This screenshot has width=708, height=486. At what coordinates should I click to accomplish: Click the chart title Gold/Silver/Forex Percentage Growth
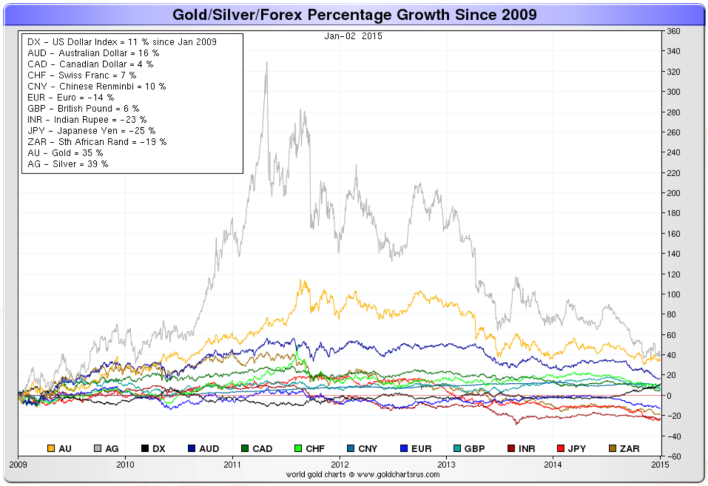(355, 14)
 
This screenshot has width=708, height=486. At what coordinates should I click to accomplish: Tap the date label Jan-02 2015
(353, 36)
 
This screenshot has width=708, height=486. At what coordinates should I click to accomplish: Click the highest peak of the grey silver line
(267, 63)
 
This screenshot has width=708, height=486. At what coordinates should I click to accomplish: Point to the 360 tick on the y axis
(673, 31)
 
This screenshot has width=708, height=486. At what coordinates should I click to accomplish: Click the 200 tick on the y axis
(673, 193)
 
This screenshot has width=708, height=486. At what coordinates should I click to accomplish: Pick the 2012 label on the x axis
(339, 464)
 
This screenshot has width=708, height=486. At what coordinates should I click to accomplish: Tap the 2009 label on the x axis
(18, 464)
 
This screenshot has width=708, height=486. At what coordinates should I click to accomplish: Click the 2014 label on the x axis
(553, 464)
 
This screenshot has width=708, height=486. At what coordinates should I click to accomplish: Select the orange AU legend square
(51, 449)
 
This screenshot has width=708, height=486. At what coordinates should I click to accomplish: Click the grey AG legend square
(97, 449)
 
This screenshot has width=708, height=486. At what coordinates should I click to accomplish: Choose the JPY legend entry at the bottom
(571, 449)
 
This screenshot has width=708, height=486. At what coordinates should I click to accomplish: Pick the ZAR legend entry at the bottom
(624, 449)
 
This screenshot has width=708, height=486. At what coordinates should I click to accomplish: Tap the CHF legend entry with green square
(309, 449)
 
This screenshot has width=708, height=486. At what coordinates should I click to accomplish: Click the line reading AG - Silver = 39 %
(68, 164)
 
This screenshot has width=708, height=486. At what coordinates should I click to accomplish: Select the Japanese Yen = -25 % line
(92, 131)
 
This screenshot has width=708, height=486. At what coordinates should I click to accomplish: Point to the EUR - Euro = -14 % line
(70, 98)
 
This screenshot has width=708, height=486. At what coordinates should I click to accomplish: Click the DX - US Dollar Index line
(122, 42)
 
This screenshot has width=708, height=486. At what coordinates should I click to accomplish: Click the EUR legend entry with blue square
(416, 449)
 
